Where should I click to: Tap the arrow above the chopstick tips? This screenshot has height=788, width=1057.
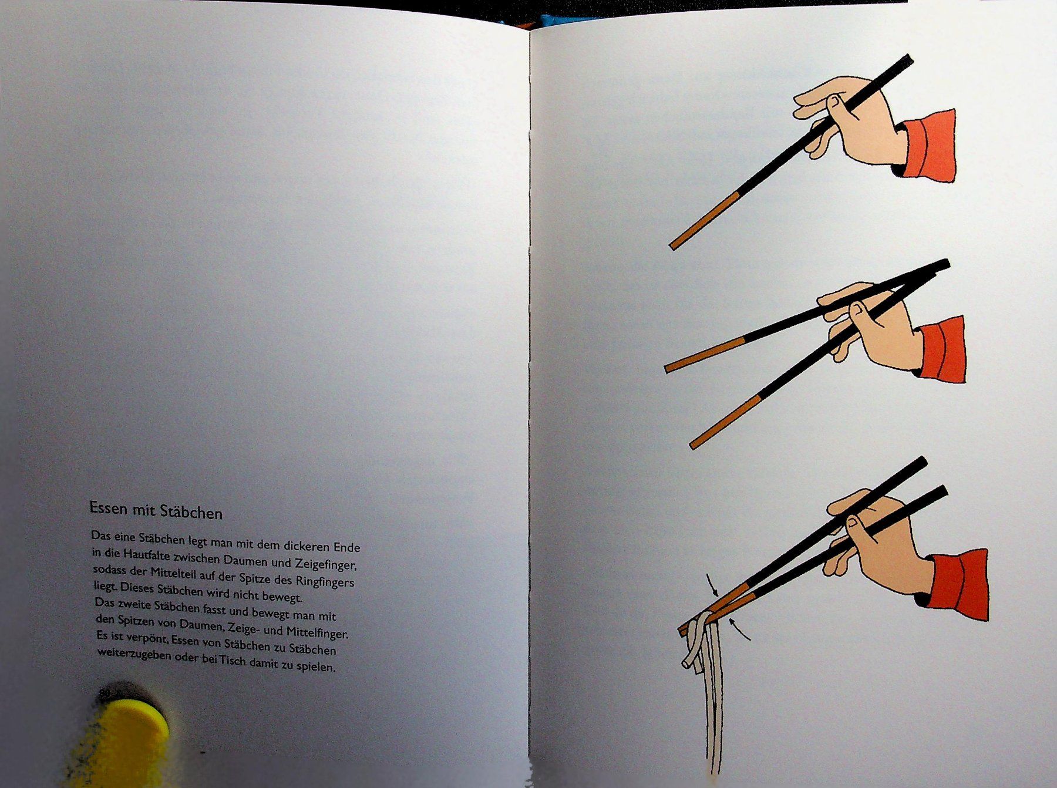[x=713, y=584]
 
